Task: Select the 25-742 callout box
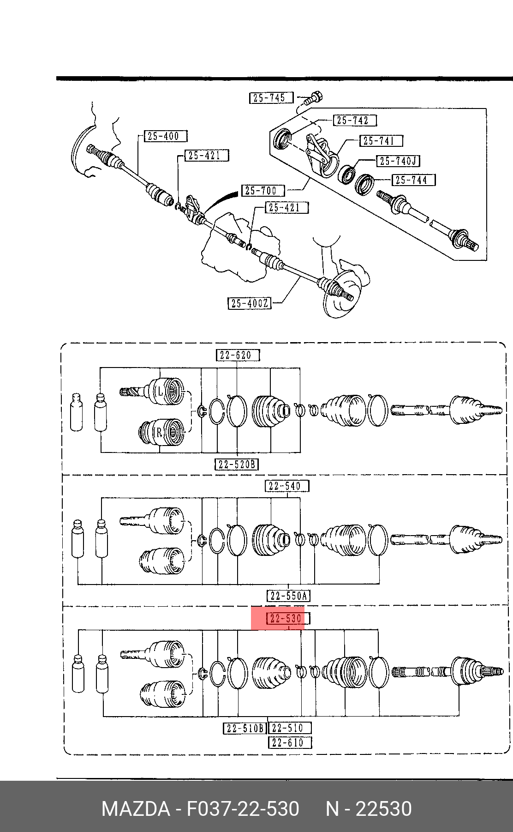coord(355,121)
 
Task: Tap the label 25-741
coord(381,140)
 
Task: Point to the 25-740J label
coord(399,161)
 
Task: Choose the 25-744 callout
coord(413,180)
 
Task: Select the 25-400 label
coord(165,136)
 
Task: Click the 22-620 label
coord(238,355)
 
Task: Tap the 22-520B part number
coord(237,464)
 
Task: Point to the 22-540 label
coord(287,486)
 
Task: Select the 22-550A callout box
coord(288,596)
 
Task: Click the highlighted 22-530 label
coord(288,618)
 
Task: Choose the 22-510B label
coord(245,728)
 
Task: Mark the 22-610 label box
coord(290,742)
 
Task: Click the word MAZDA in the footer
coord(135,809)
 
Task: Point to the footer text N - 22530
coord(369,809)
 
